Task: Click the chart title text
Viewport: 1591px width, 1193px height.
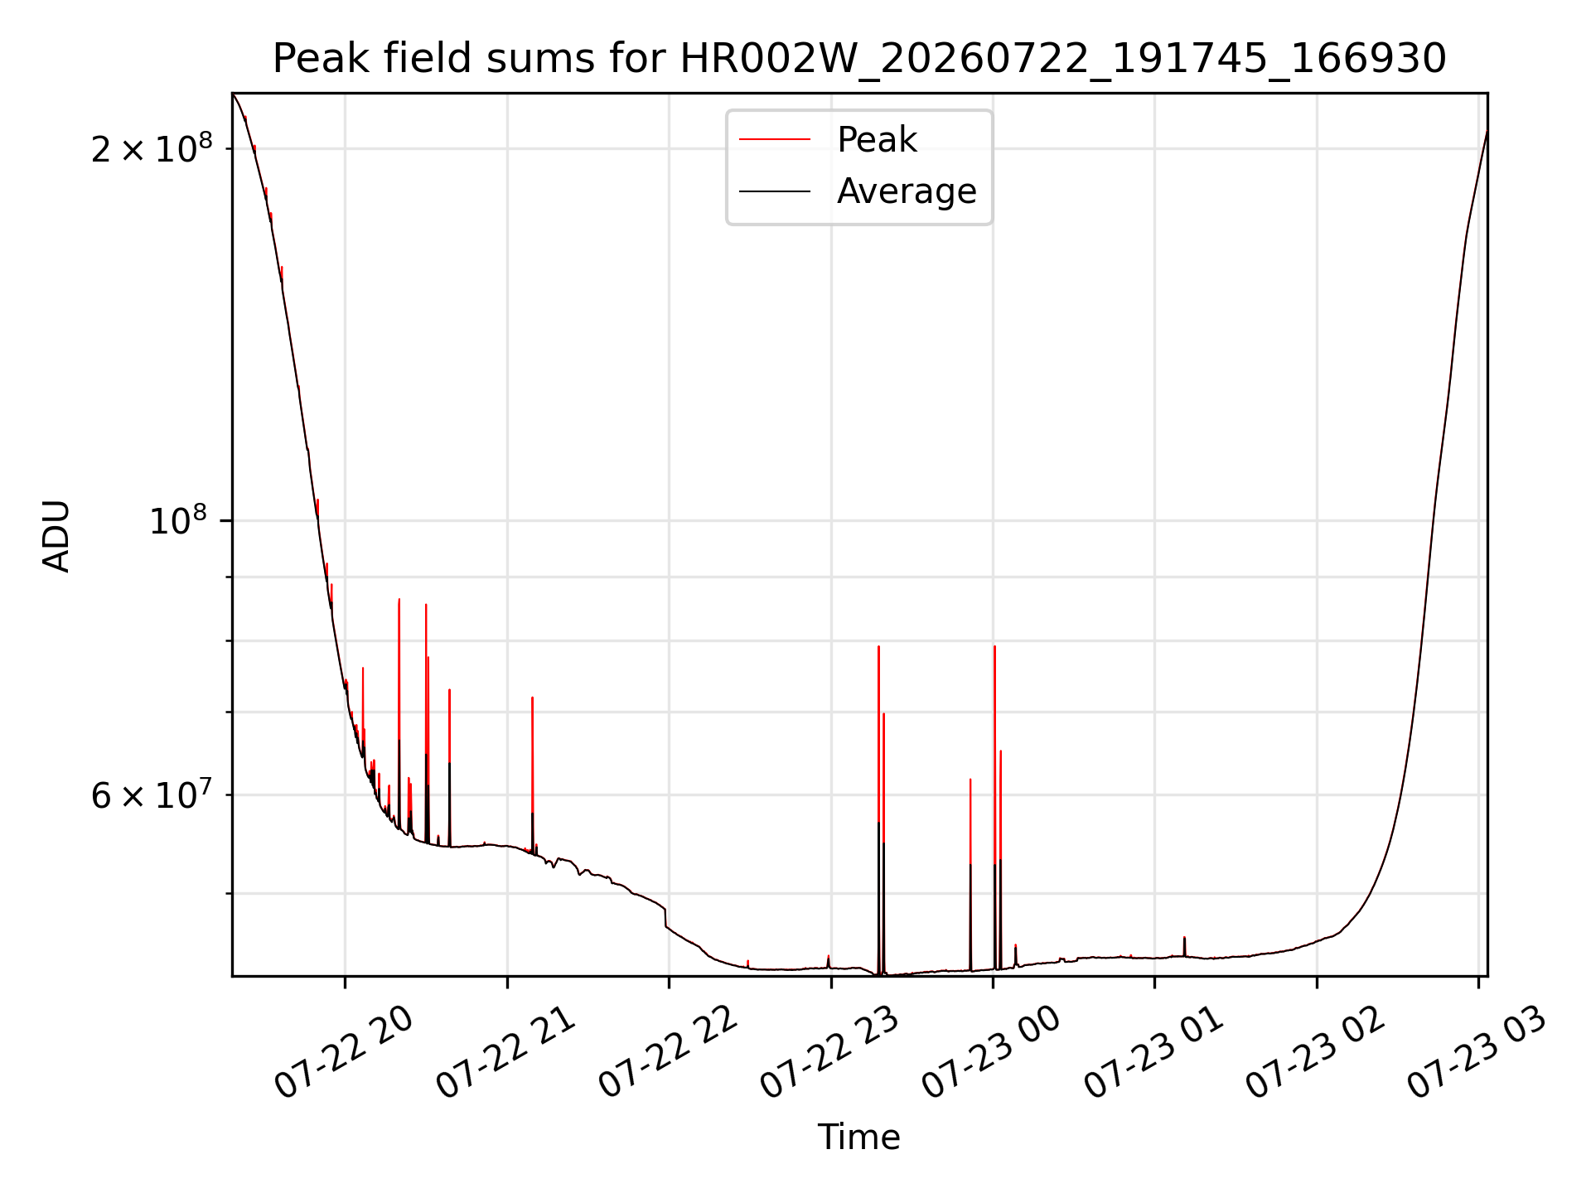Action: click(x=859, y=59)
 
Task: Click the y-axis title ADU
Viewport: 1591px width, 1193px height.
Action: click(x=57, y=535)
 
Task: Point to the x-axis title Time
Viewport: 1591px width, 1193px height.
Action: click(x=859, y=1137)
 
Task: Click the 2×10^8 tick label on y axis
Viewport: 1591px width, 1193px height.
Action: click(x=152, y=149)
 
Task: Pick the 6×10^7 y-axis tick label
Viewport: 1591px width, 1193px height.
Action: click(x=152, y=795)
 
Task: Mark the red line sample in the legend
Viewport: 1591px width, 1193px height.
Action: click(x=775, y=140)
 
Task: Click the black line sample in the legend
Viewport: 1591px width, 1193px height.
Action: click(x=775, y=191)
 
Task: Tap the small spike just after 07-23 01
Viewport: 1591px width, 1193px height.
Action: click(x=1184, y=946)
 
